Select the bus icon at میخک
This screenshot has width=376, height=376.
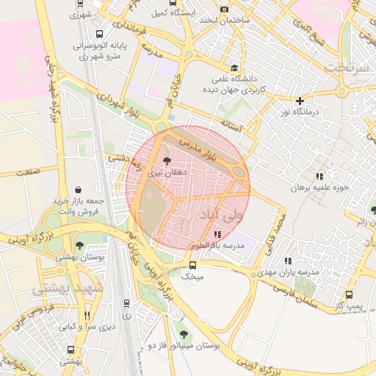click(192, 265)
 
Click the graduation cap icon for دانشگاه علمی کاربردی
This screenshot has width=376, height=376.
click(234, 68)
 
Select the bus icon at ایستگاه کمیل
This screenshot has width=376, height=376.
click(172, 3)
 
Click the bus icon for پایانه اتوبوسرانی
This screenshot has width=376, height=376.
click(100, 34)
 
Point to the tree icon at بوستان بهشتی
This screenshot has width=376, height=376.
click(79, 246)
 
